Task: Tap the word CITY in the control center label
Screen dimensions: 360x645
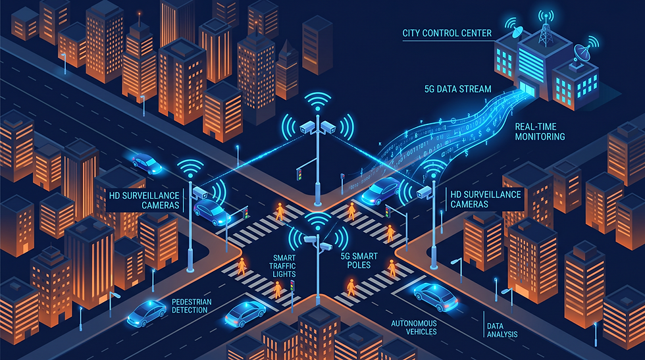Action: (x=412, y=32)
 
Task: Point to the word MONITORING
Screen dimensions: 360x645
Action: (x=540, y=137)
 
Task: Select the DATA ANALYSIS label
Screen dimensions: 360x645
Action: (x=502, y=330)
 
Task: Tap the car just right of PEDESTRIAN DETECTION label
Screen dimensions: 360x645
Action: (x=245, y=313)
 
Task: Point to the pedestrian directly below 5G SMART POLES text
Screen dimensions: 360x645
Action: (x=350, y=286)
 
